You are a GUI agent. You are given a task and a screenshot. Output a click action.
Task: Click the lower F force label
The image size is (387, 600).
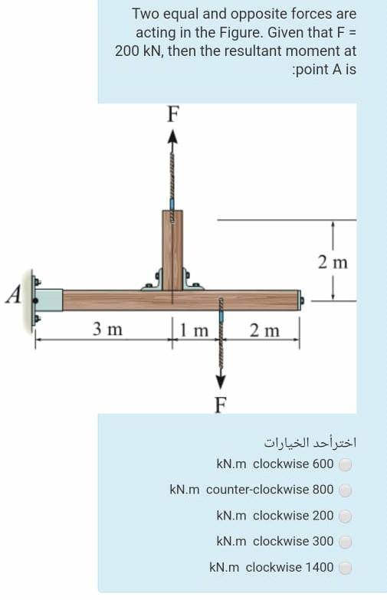tap(220, 405)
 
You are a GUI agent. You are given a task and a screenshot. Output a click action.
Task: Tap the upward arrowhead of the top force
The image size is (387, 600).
tap(172, 136)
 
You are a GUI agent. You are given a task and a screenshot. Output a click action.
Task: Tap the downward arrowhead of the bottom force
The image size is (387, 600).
tap(221, 382)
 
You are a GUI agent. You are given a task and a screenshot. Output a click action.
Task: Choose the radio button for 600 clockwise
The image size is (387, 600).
tap(346, 464)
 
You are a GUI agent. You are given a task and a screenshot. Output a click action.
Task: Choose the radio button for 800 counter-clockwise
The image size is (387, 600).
tap(346, 490)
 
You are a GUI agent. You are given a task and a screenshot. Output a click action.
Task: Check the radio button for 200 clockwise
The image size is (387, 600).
tap(346, 516)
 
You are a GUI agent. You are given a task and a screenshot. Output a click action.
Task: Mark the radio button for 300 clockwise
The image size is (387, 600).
tap(346, 542)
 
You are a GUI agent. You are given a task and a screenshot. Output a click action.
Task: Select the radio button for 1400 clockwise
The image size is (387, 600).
tap(346, 568)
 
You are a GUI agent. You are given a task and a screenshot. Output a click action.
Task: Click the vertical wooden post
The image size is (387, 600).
tap(172, 245)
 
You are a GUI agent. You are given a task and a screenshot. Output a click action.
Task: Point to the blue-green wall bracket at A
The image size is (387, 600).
tap(50, 300)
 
